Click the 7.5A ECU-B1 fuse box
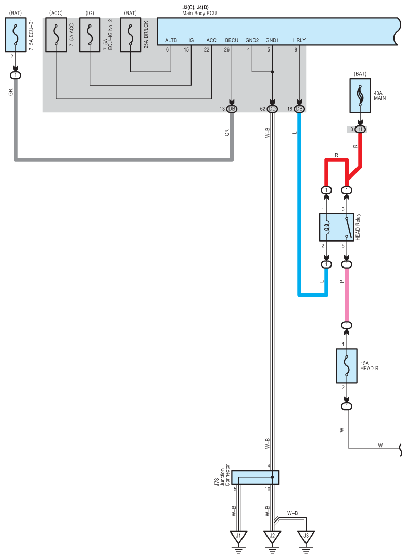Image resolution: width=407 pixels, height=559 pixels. (x=16, y=35)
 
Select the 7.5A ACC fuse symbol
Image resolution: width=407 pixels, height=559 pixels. (x=56, y=35)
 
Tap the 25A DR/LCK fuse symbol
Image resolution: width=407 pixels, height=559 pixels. (x=131, y=35)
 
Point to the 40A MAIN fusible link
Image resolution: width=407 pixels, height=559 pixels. (x=360, y=96)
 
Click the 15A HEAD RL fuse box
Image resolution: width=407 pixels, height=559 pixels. (x=347, y=366)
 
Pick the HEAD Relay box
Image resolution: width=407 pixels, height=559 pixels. (x=336, y=227)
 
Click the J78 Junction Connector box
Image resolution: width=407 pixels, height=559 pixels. (x=255, y=477)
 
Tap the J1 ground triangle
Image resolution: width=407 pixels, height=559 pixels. (x=238, y=537)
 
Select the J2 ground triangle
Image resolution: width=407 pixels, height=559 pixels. (x=272, y=537)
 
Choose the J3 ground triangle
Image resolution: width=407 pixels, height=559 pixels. (x=306, y=537)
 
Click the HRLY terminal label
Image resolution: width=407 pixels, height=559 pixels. (x=299, y=40)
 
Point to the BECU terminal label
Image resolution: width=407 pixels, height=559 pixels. (x=232, y=40)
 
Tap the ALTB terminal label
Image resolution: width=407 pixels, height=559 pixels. (x=171, y=40)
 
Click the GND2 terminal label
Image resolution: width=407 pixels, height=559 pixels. (x=252, y=40)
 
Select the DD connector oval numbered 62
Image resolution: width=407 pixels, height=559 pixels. (x=272, y=109)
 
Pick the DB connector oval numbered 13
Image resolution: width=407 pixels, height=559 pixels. (x=232, y=109)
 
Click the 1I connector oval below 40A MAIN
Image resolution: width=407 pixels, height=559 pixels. (x=360, y=129)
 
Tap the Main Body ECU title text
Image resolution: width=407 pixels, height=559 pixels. (x=199, y=13)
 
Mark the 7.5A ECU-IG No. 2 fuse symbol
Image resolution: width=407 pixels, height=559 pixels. (x=90, y=35)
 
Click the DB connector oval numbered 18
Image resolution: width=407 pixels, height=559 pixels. (x=299, y=109)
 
